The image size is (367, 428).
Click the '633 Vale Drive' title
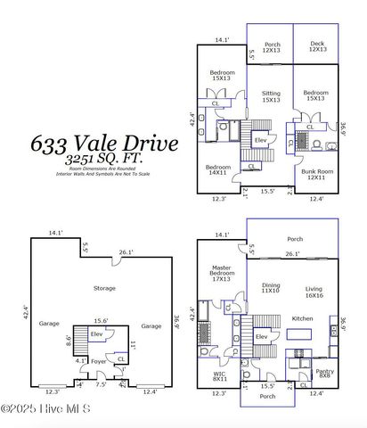[104, 143]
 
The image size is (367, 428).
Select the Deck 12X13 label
[317, 45]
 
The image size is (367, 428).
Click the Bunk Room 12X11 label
[316, 174]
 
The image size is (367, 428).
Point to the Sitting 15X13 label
[270, 96]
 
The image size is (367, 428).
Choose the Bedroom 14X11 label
[218, 171]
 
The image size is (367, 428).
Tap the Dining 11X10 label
[271, 288]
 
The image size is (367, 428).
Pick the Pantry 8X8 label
[326, 374]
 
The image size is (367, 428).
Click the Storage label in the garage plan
[106, 288]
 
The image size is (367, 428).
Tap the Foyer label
[98, 362]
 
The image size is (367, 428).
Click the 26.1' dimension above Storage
[126, 251]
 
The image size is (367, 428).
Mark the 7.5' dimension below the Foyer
[100, 384]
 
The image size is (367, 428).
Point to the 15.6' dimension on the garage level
[100, 321]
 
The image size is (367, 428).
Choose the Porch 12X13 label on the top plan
[272, 45]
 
